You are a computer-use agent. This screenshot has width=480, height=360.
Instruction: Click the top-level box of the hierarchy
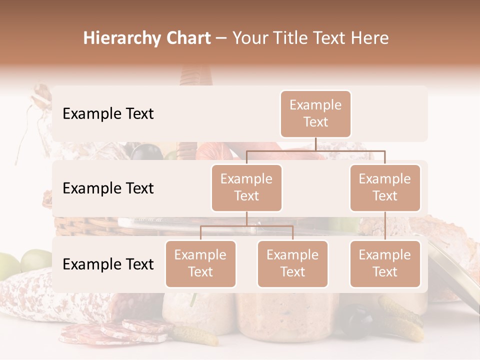click(x=315, y=113)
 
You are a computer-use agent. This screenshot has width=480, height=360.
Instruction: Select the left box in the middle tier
click(x=246, y=187)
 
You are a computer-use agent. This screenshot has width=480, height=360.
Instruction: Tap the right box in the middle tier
click(x=385, y=187)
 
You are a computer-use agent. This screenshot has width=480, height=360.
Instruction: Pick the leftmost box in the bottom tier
click(x=200, y=263)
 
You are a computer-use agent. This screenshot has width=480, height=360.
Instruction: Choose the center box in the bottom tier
click(x=292, y=263)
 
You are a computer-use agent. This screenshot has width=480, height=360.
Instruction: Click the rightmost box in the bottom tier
click(x=385, y=263)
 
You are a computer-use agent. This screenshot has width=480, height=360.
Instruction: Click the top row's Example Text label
click(x=108, y=113)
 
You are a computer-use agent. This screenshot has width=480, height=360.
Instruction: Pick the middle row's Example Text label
click(x=108, y=188)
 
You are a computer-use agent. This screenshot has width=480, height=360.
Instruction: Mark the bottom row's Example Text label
click(x=108, y=264)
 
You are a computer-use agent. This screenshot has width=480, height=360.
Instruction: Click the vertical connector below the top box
click(x=315, y=144)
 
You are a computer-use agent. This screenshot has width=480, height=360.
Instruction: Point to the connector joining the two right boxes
click(x=385, y=226)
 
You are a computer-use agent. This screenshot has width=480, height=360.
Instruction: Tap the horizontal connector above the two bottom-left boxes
click(x=246, y=226)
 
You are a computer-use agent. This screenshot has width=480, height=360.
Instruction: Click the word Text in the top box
click(x=315, y=122)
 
